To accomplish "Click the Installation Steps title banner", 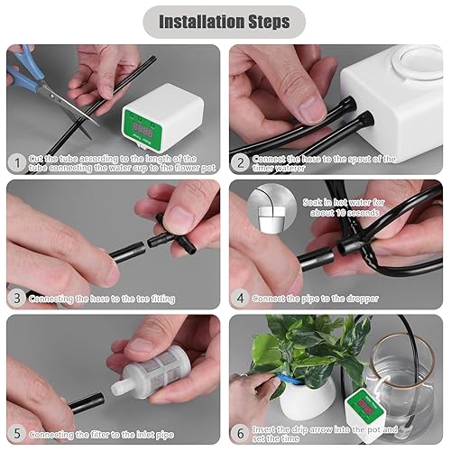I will pyautogui.click(x=225, y=21).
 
